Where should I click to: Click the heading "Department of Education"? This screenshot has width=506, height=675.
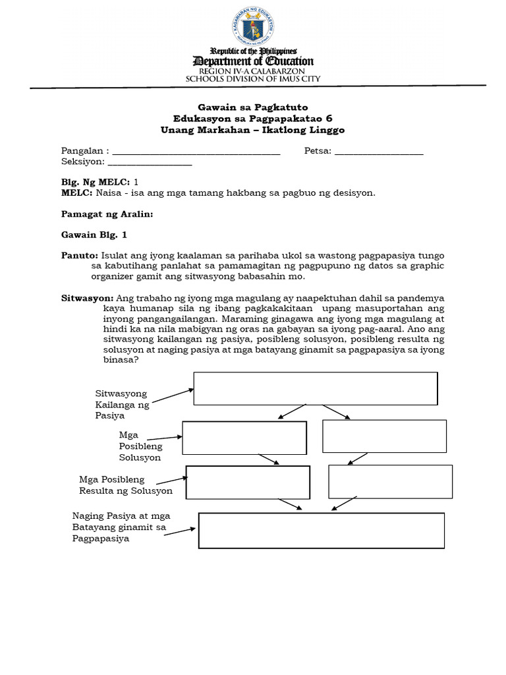[253, 61]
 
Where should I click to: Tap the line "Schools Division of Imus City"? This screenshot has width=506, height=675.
[253, 78]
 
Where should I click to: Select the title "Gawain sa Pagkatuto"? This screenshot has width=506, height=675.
[253, 107]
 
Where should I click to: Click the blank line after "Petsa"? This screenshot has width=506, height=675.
[379, 152]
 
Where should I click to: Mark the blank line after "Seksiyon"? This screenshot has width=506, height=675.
[150, 162]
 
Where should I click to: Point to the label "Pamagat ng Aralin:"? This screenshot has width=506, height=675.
[107, 214]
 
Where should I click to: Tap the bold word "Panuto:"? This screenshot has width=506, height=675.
[79, 255]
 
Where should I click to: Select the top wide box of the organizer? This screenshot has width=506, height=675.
[316, 388]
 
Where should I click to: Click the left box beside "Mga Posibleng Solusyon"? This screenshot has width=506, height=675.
[244, 438]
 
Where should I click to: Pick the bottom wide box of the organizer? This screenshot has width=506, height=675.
[322, 531]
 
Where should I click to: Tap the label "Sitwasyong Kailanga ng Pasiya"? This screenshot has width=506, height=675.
[122, 404]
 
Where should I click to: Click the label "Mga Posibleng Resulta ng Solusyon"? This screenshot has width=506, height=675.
[126, 485]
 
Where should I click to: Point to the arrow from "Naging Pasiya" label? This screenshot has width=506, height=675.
[180, 531]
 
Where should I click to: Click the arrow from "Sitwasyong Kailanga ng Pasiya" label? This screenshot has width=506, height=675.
[173, 394]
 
